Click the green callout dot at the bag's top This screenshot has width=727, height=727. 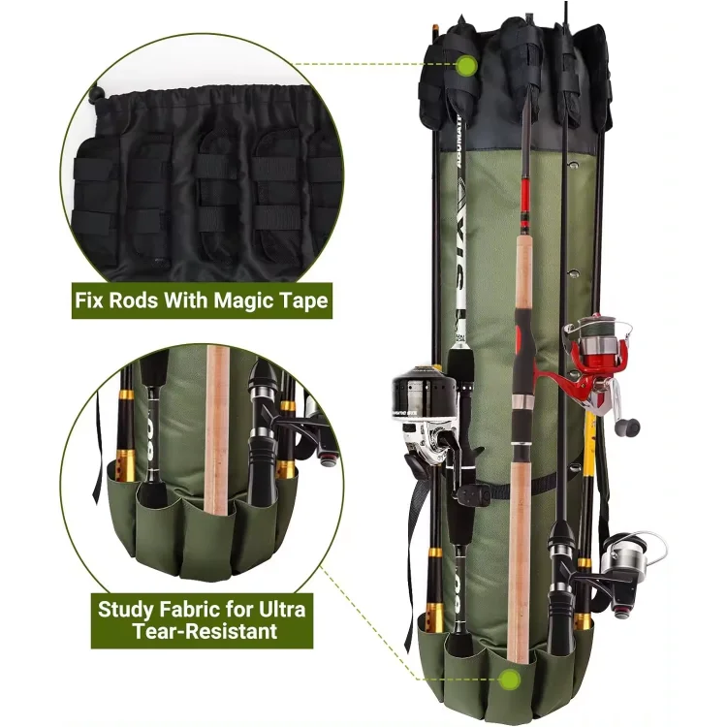[466, 65]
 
